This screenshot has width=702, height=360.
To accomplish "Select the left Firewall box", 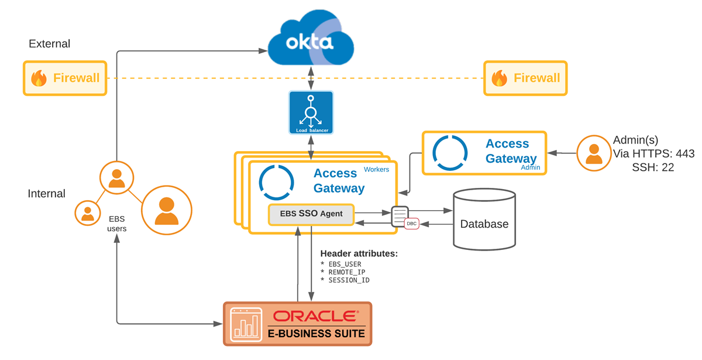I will (65, 78).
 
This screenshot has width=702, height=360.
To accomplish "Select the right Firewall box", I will (525, 78).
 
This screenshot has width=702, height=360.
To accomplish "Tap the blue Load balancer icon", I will (311, 112).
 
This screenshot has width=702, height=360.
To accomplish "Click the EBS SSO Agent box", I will (311, 215).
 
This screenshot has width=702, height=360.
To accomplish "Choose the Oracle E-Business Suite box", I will (297, 323).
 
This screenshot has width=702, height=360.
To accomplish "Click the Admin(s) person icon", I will (593, 153).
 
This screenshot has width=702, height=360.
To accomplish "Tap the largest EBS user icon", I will (167, 211).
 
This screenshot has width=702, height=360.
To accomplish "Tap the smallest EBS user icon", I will (88, 213).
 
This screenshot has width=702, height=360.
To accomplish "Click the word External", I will (49, 44).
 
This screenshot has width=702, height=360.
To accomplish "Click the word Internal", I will (47, 193).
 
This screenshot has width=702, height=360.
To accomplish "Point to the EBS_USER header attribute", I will (345, 264).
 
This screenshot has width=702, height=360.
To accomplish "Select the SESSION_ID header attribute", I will (349, 280).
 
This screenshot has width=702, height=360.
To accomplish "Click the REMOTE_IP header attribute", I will (347, 272).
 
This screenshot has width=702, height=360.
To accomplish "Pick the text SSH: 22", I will (652, 167).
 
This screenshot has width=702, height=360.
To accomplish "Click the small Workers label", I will (376, 169).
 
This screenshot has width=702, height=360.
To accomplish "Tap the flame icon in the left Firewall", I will (39, 78).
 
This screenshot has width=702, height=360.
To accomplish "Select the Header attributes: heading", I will (359, 253).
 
